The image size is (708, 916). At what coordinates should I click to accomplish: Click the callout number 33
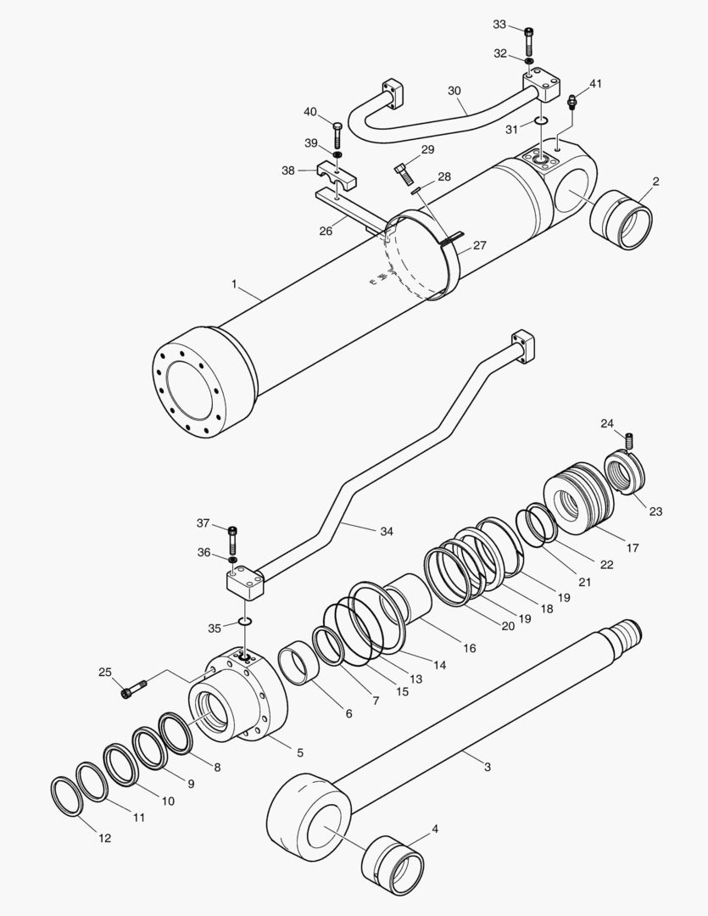[499, 25]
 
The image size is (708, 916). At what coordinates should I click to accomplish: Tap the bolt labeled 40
[337, 135]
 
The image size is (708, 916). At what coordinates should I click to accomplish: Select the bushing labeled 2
[626, 221]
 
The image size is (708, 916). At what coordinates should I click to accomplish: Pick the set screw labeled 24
[629, 441]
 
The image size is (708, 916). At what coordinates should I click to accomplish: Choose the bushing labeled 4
[395, 864]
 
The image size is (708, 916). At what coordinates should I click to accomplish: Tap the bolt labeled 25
[135, 688]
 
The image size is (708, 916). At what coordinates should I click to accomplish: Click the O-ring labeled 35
[245, 623]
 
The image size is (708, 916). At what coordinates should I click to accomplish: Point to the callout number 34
[386, 532]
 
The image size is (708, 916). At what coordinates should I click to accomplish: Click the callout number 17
[632, 549]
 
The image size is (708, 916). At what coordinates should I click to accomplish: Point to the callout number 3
[487, 767]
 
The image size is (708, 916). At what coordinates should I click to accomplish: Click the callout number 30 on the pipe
[454, 90]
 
